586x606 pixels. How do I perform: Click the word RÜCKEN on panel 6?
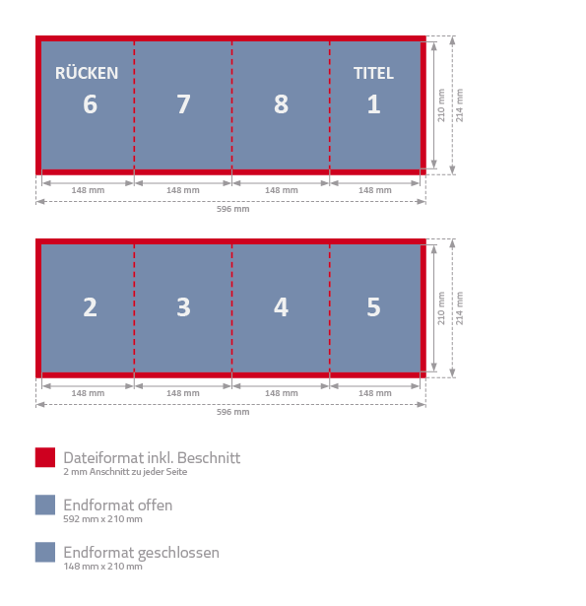(87, 72)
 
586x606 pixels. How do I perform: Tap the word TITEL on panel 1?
(373, 73)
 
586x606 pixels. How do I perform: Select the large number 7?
(183, 104)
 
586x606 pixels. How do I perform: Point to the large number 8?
(282, 104)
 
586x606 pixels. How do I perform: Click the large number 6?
(90, 104)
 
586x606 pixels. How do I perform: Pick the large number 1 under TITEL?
(373, 104)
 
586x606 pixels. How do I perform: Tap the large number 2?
(90, 307)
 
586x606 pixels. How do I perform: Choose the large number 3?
(183, 307)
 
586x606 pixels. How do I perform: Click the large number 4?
(282, 307)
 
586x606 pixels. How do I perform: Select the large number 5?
(373, 307)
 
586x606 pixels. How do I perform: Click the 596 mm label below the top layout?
(233, 209)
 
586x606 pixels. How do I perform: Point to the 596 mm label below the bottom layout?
(233, 412)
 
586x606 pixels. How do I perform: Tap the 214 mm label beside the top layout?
(459, 105)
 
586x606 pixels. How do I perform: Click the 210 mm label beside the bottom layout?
(441, 308)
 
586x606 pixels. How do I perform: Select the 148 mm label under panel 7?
(183, 190)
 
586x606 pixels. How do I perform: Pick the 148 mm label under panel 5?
(375, 393)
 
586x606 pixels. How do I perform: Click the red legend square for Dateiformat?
(45, 457)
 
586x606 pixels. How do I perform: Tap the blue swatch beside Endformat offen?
(45, 505)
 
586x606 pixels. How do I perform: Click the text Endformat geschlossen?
(142, 553)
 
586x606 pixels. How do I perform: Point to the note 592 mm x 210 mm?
(102, 519)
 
